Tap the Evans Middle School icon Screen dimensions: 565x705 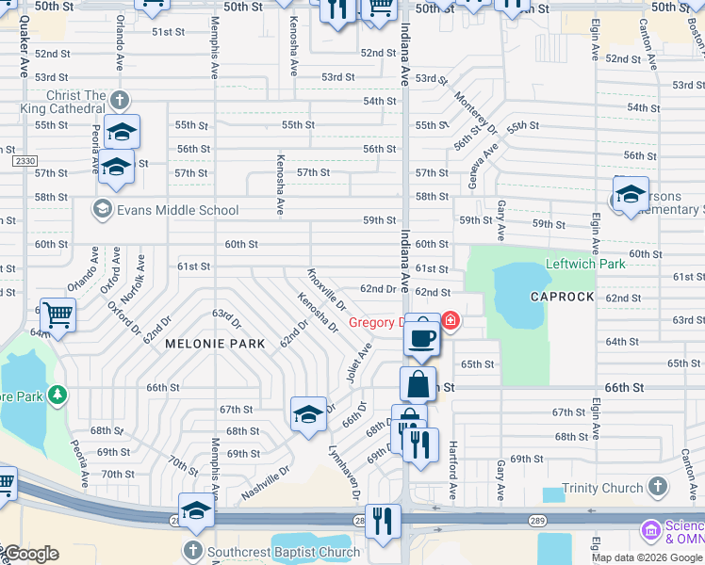(102, 209)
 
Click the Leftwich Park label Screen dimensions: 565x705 (585, 265)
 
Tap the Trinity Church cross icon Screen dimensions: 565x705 (658, 488)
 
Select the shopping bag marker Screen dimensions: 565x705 (418, 385)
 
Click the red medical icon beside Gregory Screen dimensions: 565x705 (451, 322)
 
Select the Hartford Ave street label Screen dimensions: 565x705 (453, 471)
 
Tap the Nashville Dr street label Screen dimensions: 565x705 (265, 482)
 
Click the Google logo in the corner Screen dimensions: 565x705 (30, 554)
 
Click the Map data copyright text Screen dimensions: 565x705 (646, 557)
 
